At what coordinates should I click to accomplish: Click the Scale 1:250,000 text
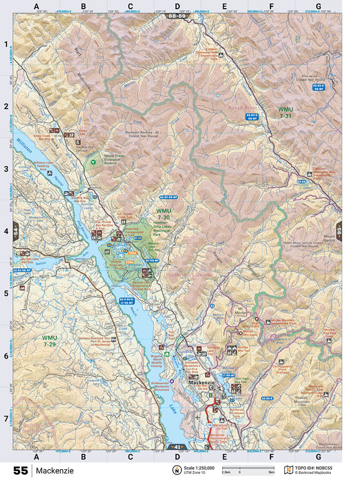(x=198, y=468)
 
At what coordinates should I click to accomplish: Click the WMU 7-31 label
(x=285, y=113)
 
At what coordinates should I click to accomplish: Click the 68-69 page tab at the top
(x=177, y=16)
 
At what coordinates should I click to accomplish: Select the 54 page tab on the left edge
(x=16, y=231)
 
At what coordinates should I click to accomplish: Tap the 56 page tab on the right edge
(x=339, y=231)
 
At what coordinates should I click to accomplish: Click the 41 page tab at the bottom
(x=178, y=447)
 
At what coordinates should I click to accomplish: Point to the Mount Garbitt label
(x=329, y=239)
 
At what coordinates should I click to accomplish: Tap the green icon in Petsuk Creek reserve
(x=93, y=161)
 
